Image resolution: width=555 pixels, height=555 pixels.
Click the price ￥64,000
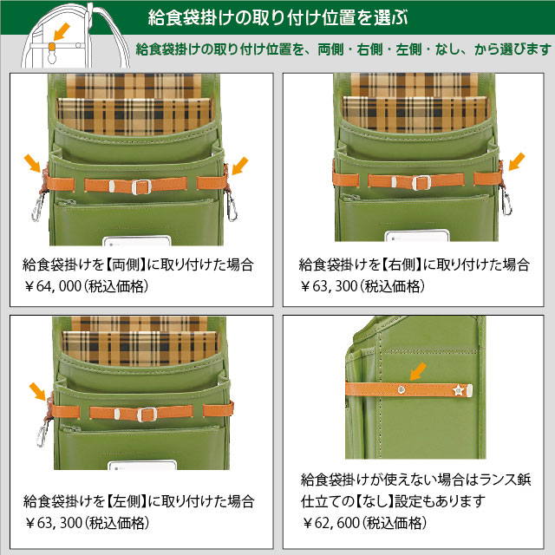click(53, 286)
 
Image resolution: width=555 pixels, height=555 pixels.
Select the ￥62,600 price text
click(330, 523)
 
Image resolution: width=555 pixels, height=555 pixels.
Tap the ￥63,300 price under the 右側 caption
click(329, 286)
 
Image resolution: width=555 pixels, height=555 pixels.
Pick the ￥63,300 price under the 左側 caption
click(53, 523)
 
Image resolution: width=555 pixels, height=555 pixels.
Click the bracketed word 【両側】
click(126, 264)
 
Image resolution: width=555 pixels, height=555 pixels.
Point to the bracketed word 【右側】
click(402, 264)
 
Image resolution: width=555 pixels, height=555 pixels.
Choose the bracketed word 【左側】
click(127, 501)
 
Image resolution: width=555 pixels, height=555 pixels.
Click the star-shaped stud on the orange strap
click(459, 390)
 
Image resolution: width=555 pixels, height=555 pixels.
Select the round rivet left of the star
click(401, 390)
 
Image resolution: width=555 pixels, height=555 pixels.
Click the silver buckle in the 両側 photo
click(141, 186)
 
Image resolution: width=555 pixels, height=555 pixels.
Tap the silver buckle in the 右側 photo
click(421, 183)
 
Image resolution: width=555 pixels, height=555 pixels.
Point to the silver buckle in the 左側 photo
click(147, 415)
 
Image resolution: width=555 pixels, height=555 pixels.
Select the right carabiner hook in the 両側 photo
click(232, 207)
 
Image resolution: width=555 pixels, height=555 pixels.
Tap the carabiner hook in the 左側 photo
click(42, 434)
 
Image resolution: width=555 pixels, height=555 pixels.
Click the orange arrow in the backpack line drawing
click(62, 33)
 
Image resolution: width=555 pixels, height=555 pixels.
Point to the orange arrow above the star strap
click(418, 372)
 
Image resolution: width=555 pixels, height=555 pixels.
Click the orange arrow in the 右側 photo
click(517, 162)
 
